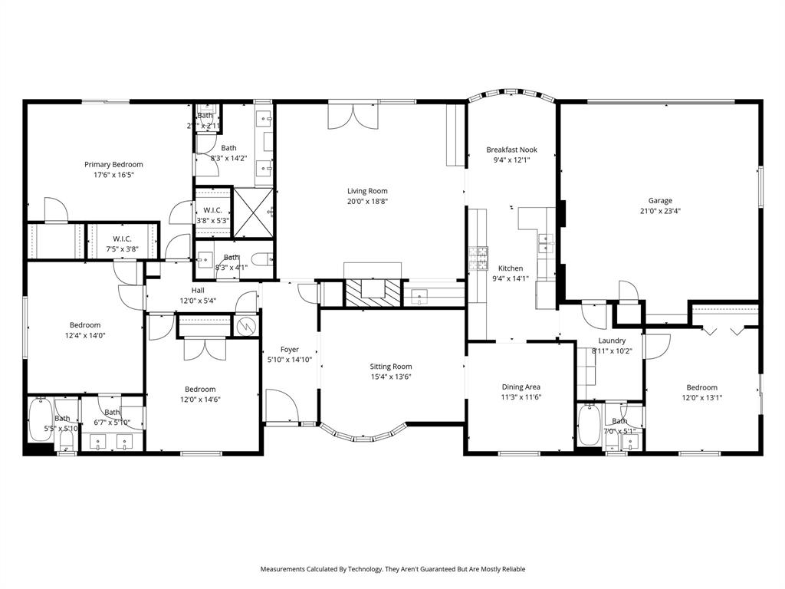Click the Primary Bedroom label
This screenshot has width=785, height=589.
(113, 164)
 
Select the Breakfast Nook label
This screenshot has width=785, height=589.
(511, 150)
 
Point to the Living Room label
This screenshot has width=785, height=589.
(367, 191)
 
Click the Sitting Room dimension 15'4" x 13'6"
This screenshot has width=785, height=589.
(391, 377)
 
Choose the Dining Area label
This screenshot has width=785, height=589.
(521, 387)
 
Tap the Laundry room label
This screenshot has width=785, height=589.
(612, 341)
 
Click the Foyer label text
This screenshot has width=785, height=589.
(290, 350)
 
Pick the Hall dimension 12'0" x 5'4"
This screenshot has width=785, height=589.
(198, 301)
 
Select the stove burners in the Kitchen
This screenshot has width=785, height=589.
(478, 258)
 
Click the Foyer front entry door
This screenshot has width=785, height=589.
(281, 405)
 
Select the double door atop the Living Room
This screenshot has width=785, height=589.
(342, 115)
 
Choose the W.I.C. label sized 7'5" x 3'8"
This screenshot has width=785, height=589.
(123, 239)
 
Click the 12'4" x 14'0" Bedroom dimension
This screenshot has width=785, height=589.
(85, 335)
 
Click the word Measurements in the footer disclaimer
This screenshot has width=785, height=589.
(285, 569)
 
